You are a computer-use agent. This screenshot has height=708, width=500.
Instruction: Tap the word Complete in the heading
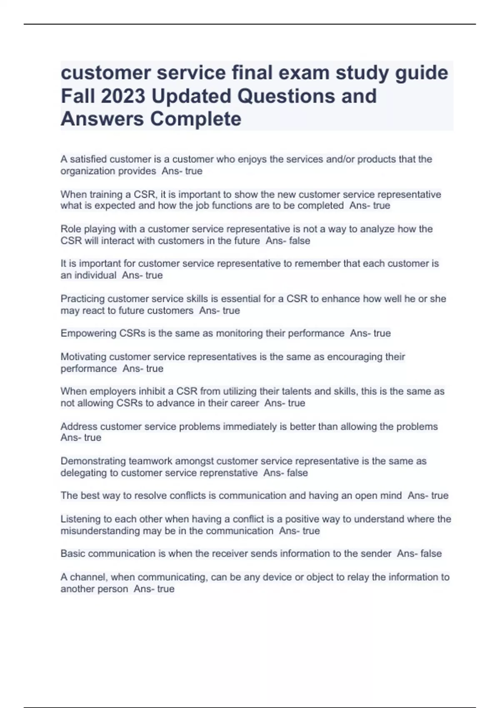195,119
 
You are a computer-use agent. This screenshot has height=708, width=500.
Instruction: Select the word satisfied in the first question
87,159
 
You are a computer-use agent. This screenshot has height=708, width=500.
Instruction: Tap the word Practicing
82,299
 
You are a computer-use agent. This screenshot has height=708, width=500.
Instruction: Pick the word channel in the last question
89,577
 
